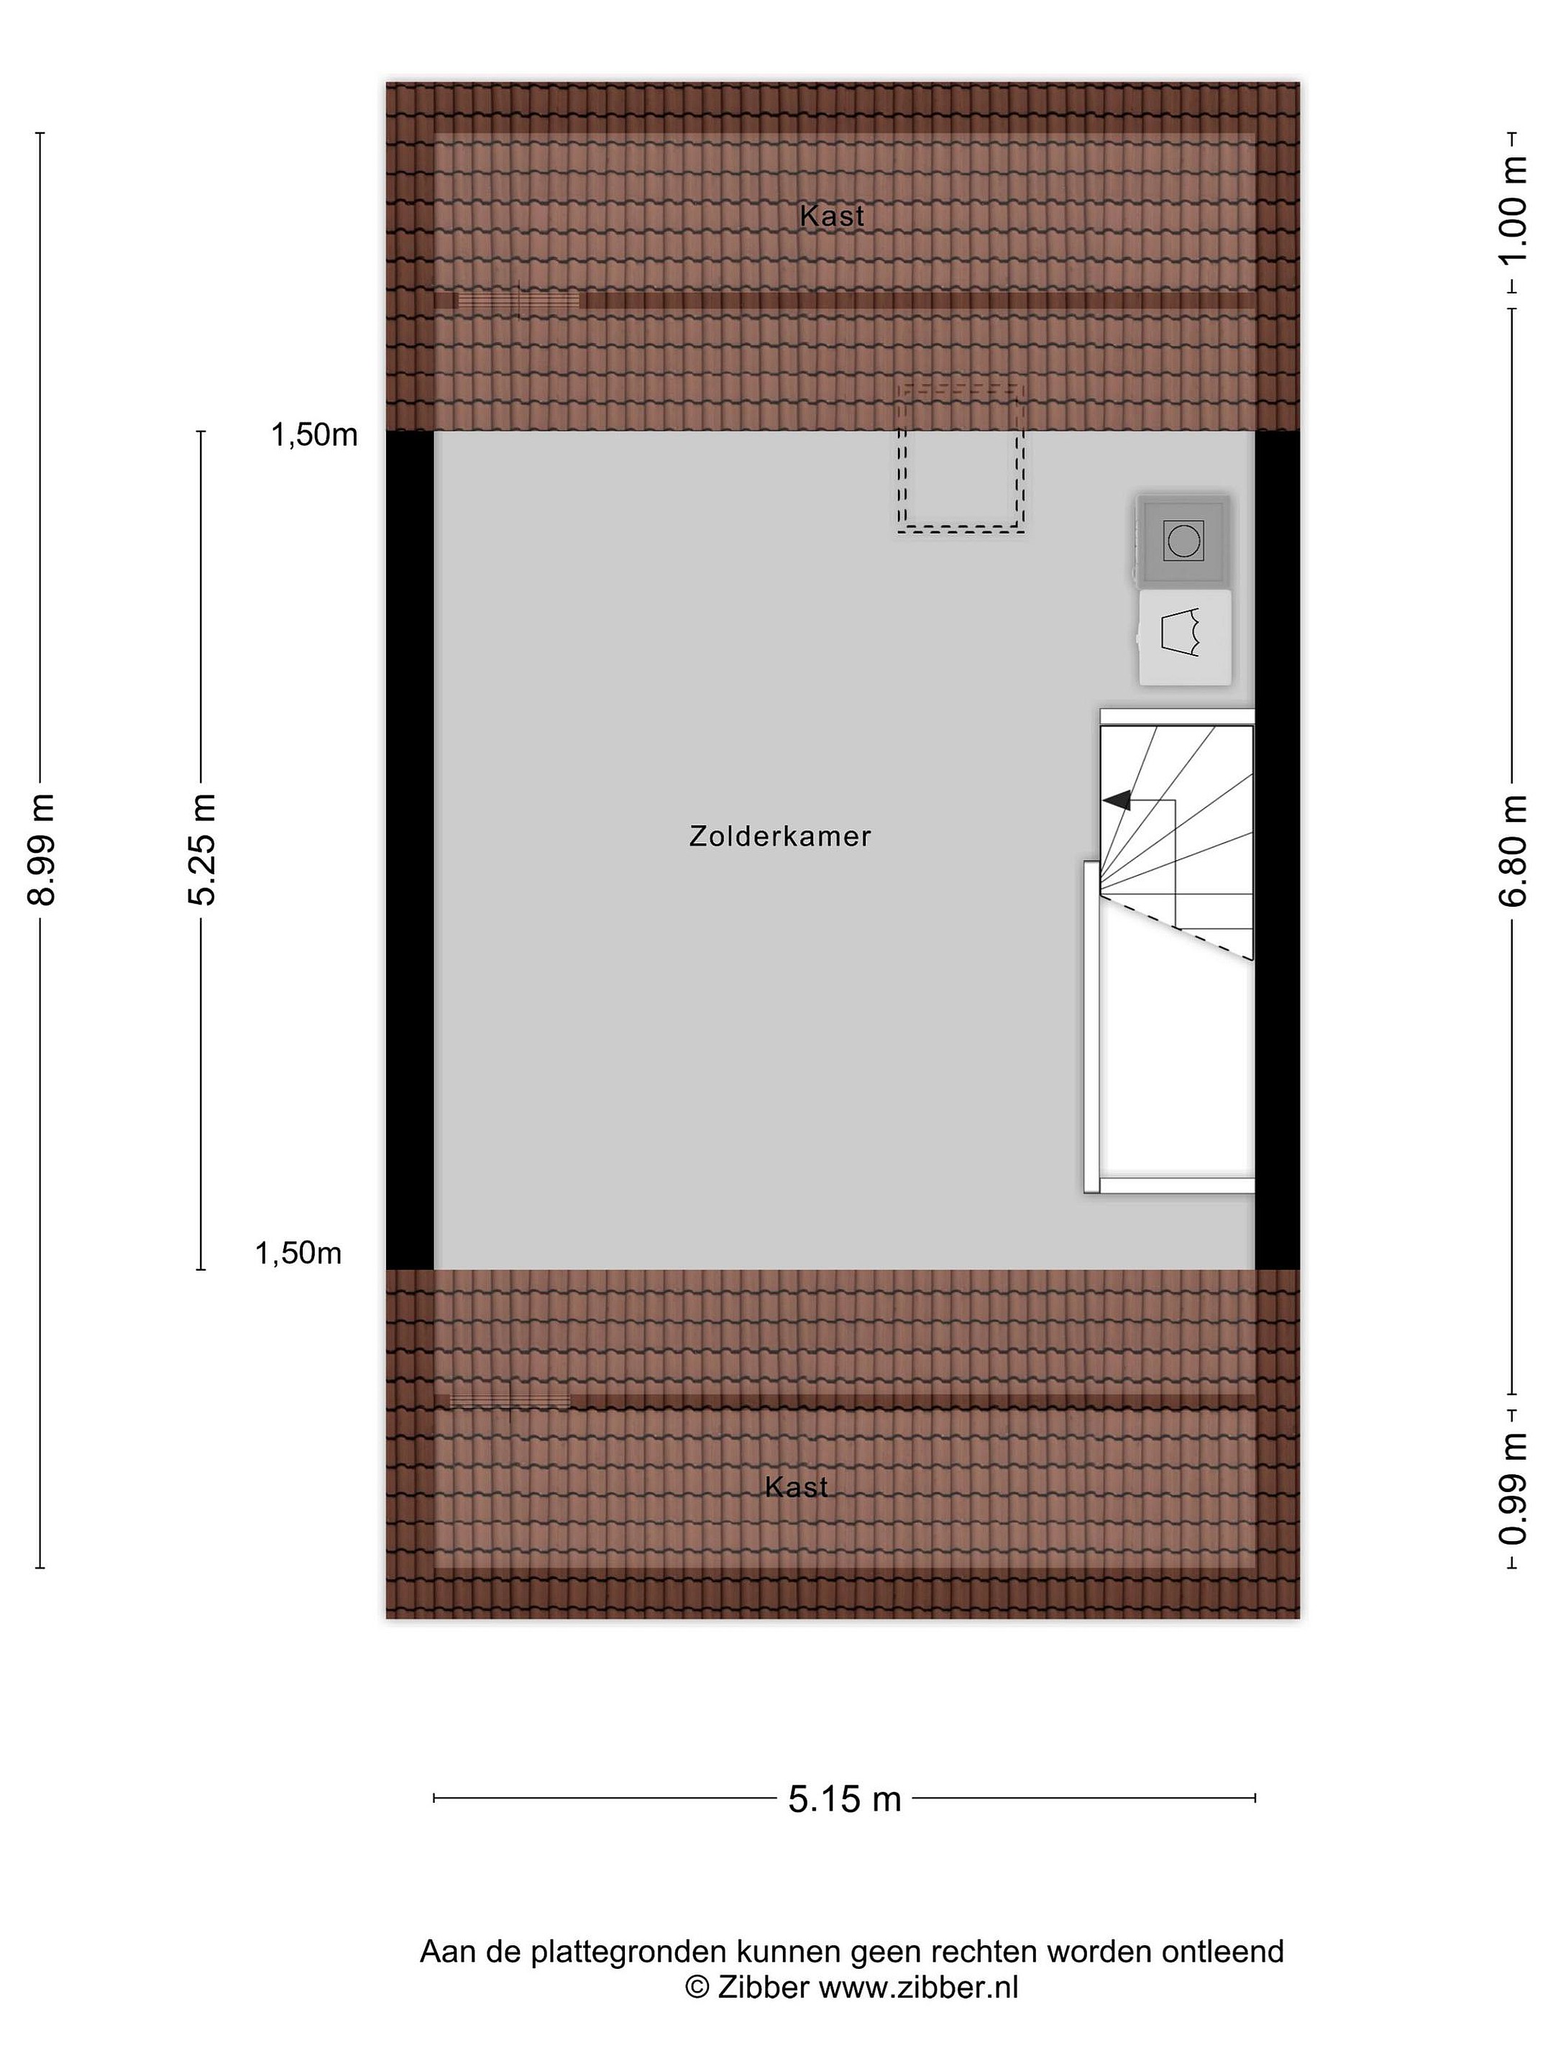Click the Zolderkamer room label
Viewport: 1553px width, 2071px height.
pyautogui.click(x=780, y=836)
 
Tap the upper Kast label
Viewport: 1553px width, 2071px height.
pyautogui.click(x=832, y=216)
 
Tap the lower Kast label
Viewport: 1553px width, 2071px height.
pyautogui.click(x=797, y=1487)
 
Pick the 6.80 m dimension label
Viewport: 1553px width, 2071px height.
pyautogui.click(x=1513, y=850)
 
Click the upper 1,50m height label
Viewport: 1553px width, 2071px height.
pyautogui.click(x=314, y=434)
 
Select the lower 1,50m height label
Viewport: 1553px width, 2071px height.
pyautogui.click(x=298, y=1253)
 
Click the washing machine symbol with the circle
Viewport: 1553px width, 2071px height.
pyautogui.click(x=1183, y=541)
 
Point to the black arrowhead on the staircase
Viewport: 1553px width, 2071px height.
pyautogui.click(x=1116, y=800)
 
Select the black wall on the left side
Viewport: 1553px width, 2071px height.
pyautogui.click(x=410, y=850)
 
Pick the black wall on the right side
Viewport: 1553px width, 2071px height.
pyautogui.click(x=1278, y=850)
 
